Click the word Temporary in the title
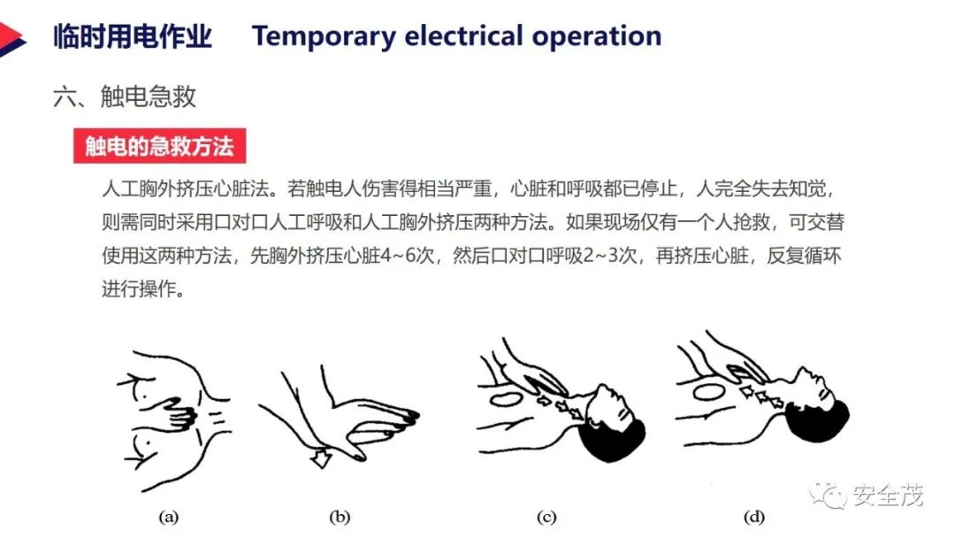pos(324,37)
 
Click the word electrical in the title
pos(463,36)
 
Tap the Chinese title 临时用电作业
pos(133,36)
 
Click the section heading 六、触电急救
pos(125,96)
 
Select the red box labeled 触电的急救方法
pos(159,146)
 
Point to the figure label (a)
pos(169,518)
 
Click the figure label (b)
pos(340,518)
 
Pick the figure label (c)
pos(546,518)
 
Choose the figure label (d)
pos(754,518)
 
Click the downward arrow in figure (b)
pos(321,457)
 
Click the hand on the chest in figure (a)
pos(177,413)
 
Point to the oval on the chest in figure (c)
pos(506,400)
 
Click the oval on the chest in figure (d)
pos(708,391)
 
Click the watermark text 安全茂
pos(888,495)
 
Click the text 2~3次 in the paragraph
pos(609,256)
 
